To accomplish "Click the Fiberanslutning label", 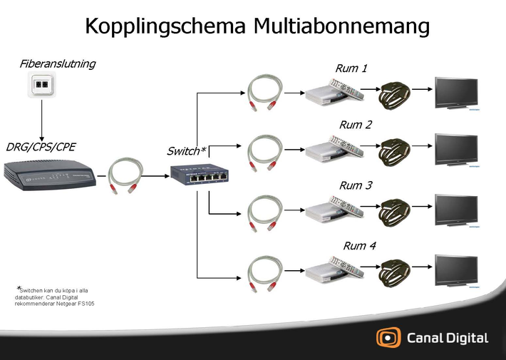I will pyautogui.click(x=58, y=64).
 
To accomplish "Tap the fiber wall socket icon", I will pyautogui.click(x=41, y=86).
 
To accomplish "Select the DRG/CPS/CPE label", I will pyautogui.click(x=41, y=147).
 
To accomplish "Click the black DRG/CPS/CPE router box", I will pyautogui.click(x=49, y=175).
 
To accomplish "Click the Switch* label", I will pyautogui.click(x=186, y=151).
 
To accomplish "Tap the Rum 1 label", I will pyautogui.click(x=351, y=68).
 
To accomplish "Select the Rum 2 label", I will pyautogui.click(x=356, y=125).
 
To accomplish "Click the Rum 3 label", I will pyautogui.click(x=356, y=185).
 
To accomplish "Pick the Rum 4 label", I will pyautogui.click(x=359, y=246).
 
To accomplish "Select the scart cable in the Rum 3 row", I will pyautogui.click(x=397, y=210).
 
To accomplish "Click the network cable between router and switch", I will pyautogui.click(x=126, y=175).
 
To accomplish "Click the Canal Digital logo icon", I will pyautogui.click(x=389, y=338).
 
